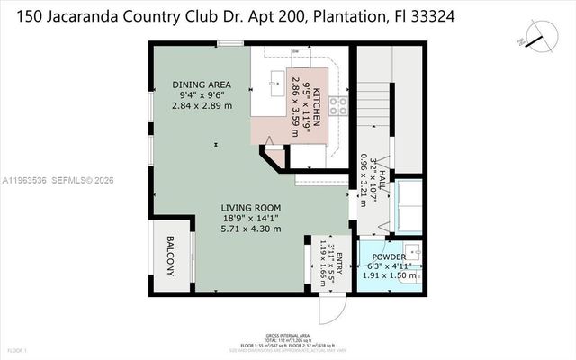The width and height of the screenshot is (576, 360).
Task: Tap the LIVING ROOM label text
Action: (251, 208)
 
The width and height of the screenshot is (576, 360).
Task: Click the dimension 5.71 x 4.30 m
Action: (251, 229)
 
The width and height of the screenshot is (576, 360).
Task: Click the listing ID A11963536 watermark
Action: (25, 180)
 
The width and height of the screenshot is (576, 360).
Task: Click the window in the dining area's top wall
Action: (230, 42)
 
